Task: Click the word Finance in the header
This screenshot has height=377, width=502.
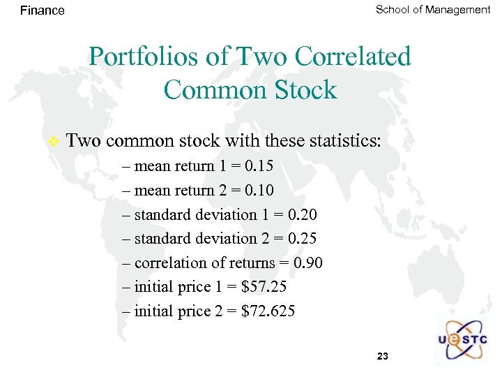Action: (43, 10)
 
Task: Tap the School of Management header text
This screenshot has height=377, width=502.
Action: (433, 9)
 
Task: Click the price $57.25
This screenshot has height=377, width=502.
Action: (264, 287)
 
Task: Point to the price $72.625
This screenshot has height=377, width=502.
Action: (268, 311)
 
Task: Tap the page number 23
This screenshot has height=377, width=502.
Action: (382, 357)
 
